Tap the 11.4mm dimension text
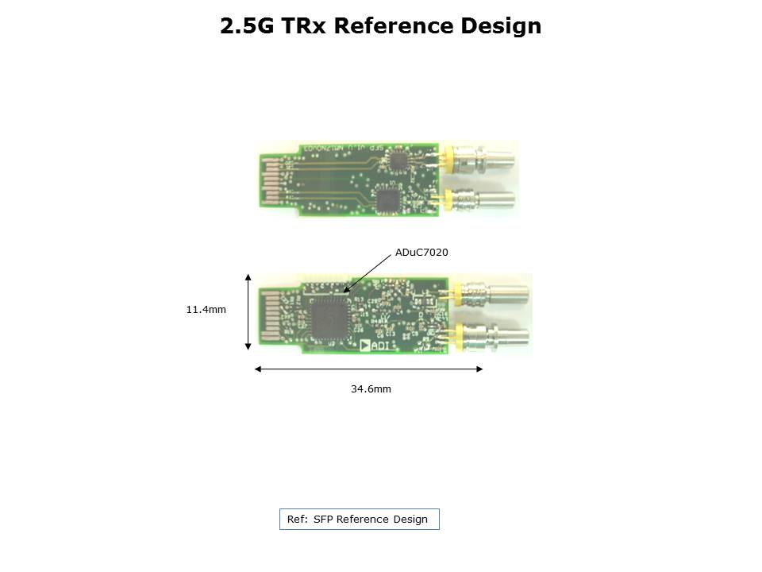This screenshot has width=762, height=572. (x=206, y=310)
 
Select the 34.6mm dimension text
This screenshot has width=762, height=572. (x=371, y=389)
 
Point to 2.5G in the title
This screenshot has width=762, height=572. (x=246, y=26)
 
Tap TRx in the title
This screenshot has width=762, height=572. (x=303, y=26)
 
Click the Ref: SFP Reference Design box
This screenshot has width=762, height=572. (x=359, y=520)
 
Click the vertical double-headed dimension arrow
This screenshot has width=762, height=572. (x=248, y=311)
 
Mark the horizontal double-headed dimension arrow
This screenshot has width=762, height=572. (x=368, y=369)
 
